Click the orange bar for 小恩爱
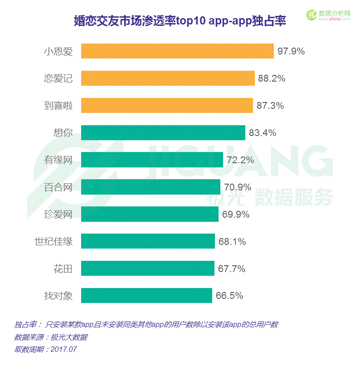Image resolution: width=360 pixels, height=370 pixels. point(177,51)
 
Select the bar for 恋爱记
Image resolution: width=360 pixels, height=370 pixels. point(168,78)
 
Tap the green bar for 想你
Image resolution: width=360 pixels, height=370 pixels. point(163,133)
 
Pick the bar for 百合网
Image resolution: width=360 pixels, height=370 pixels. point(151,187)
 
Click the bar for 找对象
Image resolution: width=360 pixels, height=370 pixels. point(146,296)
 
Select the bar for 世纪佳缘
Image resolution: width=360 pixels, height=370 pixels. point(148,241)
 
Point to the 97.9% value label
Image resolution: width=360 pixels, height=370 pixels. point(291,51)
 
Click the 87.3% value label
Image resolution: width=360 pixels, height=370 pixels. point(270,106)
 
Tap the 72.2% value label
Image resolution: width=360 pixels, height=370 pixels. point(240,160)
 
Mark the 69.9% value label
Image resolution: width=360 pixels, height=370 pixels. point(236,214)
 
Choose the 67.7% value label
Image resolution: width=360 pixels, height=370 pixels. point(232,269)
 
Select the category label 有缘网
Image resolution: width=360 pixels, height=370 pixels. point(58,160)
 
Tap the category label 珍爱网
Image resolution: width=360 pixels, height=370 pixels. point(58,214)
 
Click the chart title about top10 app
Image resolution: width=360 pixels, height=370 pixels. point(180,21)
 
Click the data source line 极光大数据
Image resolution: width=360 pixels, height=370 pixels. point(51,337)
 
